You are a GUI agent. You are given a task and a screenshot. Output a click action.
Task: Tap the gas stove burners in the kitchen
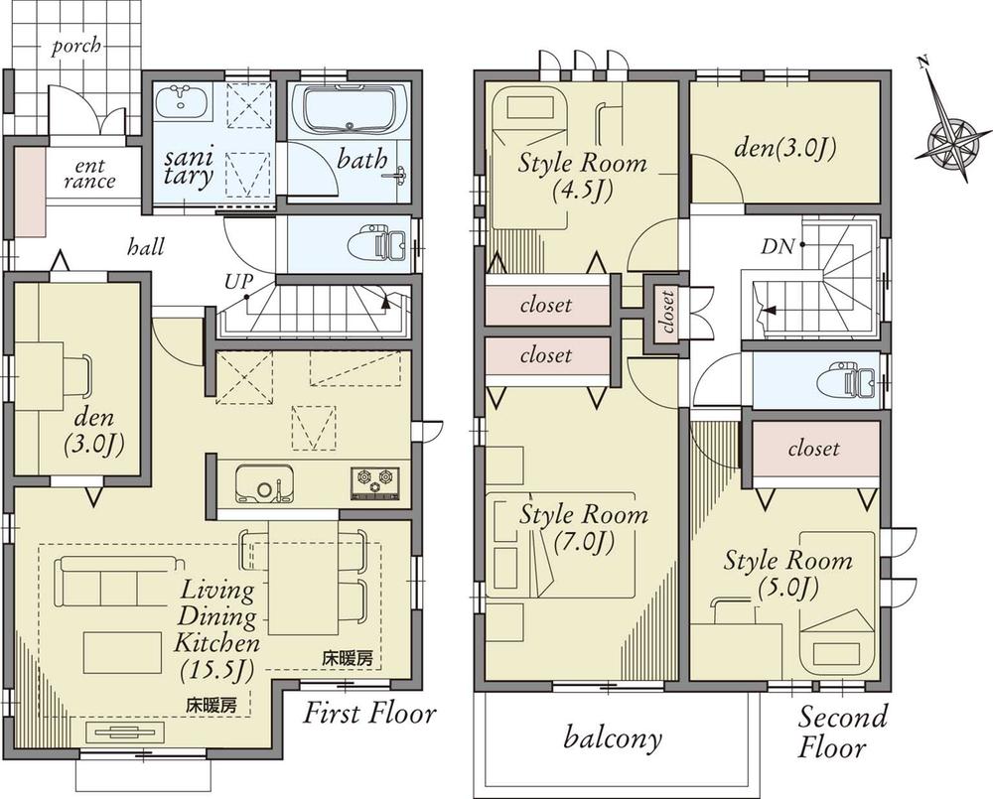[x=374, y=482]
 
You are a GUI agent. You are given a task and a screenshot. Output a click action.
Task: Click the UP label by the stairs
[x=238, y=282]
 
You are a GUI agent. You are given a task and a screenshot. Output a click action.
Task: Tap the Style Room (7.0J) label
[x=584, y=528]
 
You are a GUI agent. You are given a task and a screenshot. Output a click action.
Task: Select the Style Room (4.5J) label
[x=582, y=176]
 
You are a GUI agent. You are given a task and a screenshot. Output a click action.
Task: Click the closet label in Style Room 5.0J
[x=813, y=450]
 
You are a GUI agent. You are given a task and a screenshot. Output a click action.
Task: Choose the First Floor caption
[x=369, y=713]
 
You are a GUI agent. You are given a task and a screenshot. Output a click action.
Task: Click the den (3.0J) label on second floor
[x=783, y=149]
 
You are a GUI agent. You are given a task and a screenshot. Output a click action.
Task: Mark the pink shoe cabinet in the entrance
[x=31, y=194]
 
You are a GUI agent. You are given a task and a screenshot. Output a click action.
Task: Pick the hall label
[x=146, y=247]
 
